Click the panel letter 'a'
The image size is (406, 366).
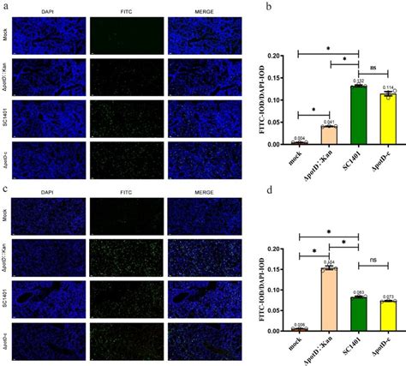pos(5,7)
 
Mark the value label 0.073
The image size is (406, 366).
pos(390,296)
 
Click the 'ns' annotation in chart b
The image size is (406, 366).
pos(373,67)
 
